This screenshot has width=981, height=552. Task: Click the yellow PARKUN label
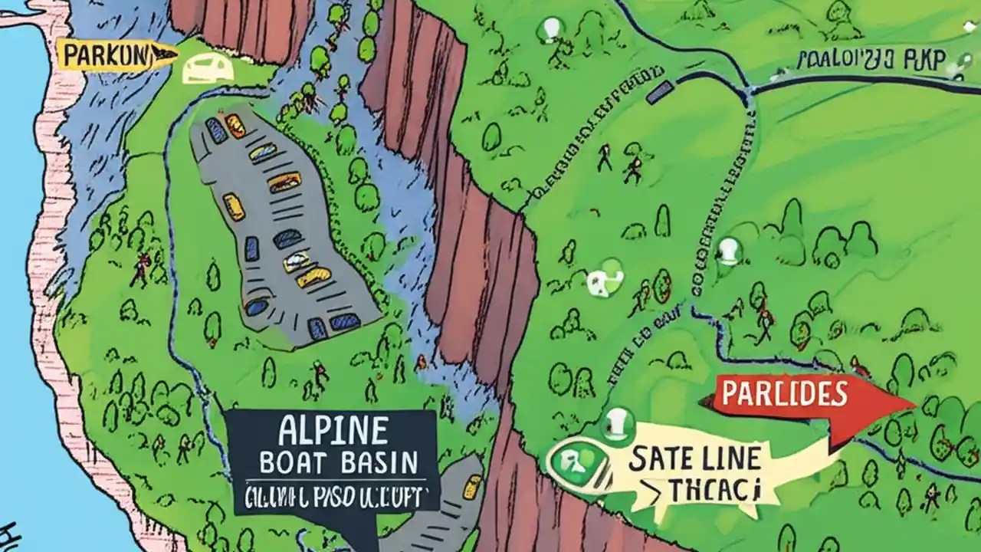[x=107, y=55]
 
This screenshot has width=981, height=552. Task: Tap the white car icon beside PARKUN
[x=208, y=70]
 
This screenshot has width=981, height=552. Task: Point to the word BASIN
[x=380, y=464]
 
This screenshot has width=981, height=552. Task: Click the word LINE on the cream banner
[x=733, y=459]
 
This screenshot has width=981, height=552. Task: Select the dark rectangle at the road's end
[x=658, y=92]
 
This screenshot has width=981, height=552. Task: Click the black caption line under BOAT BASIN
[x=334, y=497]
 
